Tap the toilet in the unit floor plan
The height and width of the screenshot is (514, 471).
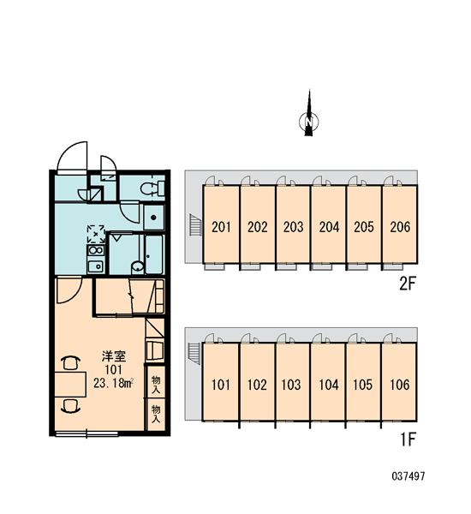(x=152, y=188)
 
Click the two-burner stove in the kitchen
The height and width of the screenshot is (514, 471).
(x=96, y=251)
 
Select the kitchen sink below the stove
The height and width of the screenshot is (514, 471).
(x=96, y=266)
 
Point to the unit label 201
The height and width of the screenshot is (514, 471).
(x=221, y=227)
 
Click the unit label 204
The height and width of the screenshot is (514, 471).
(x=329, y=227)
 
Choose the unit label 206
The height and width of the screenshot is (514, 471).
(x=400, y=227)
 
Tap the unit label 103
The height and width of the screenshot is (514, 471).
(x=291, y=385)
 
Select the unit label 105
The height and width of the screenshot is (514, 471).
(x=363, y=385)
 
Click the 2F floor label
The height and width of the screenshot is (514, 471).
(x=408, y=284)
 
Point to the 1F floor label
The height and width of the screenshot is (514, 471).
(x=408, y=439)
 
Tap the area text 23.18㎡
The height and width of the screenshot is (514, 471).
(x=113, y=383)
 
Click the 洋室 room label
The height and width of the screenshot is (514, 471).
(x=113, y=356)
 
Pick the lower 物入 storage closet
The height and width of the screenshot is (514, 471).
(x=156, y=414)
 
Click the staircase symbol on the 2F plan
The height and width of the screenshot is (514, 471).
(x=195, y=224)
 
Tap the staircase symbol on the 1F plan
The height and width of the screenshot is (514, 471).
(x=194, y=353)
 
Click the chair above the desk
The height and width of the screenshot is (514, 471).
(x=70, y=363)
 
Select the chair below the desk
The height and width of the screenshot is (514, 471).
(x=70, y=406)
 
